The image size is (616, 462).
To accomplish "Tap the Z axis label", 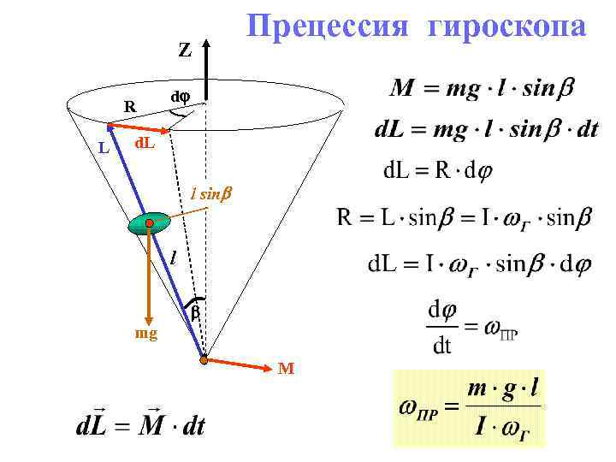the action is click(184, 50).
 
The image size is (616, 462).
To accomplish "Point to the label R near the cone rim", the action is click(129, 107).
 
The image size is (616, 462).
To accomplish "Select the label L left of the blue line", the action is click(104, 148).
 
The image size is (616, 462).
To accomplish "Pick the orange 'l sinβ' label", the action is click(211, 195).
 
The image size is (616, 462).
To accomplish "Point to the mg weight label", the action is click(146, 334).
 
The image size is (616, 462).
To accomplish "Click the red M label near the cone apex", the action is click(286, 369).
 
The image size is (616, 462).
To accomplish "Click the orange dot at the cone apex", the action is click(204, 360).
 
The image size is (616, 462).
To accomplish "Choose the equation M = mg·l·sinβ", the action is click(483, 87).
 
